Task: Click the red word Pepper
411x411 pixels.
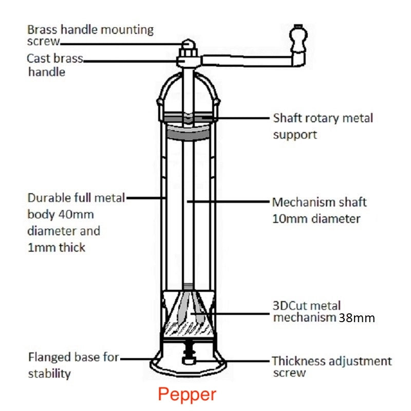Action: click(187, 395)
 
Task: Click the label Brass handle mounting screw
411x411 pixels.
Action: click(90, 35)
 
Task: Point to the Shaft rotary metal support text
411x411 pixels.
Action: click(323, 126)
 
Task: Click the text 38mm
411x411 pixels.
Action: click(357, 318)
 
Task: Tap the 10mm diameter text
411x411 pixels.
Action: click(316, 219)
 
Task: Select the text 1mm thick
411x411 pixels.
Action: click(57, 247)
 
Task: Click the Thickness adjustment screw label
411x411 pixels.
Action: click(331, 367)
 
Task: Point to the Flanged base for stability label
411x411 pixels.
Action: click(73, 364)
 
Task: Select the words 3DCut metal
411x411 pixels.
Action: click(306, 306)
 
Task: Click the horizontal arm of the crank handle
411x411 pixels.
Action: click(247, 61)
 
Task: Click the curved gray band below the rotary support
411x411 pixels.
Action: click(189, 134)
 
